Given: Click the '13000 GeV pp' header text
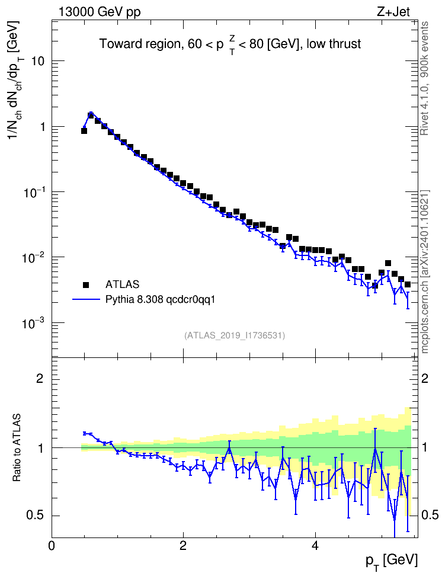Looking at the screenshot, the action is coord(100,12).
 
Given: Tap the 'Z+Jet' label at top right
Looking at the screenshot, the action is coord(393,12).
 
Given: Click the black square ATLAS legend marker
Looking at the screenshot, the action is coord(86,284).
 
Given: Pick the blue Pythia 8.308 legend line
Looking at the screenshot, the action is coord(86,300).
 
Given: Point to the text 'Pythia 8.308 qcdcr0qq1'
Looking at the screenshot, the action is coord(160,300).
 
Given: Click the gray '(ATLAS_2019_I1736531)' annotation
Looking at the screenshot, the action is coord(235,335).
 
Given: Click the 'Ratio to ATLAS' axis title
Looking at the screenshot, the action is coord(17,448).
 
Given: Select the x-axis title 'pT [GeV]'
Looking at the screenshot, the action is coord(392,561).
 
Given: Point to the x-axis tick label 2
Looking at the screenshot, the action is coord(183,546).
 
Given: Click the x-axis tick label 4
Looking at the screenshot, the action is coord(315,546).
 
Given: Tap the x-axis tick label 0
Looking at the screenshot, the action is coord(52,546).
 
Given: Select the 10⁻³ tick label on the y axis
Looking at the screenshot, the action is coord(34,324).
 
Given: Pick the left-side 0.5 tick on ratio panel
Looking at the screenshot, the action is coord(36,516).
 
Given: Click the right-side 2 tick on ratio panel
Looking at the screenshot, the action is coord(425,378).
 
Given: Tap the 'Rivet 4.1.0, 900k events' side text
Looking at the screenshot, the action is coord(424,78).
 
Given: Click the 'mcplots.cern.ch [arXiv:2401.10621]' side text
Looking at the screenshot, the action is coord(424,272).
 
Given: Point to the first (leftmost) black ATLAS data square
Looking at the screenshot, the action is coord(84,131).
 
